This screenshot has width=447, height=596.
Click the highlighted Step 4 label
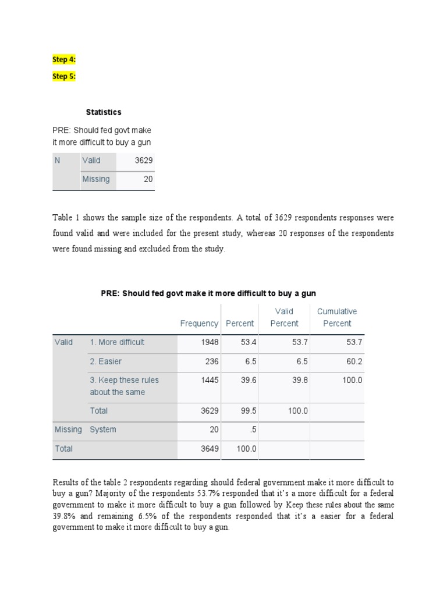tap(64, 59)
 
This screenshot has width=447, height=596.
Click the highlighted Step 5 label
tap(64, 76)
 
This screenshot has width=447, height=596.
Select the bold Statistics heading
tap(104, 112)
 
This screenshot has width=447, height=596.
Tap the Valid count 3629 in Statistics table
tap(144, 160)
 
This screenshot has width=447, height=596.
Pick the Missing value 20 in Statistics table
tap(148, 179)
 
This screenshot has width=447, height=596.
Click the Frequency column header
tap(199, 324)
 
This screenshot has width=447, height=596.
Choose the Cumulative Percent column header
tap(337, 317)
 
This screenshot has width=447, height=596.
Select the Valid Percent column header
tap(284, 317)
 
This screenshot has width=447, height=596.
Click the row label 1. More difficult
tap(117, 342)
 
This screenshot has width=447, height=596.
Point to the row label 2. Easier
tap(105, 361)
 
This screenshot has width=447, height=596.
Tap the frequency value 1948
tap(210, 342)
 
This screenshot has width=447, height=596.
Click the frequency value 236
tap(212, 361)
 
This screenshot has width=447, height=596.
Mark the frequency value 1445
tap(210, 380)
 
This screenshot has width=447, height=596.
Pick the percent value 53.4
tap(249, 342)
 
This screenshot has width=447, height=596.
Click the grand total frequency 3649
tap(210, 449)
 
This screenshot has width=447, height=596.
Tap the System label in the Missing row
tap(103, 430)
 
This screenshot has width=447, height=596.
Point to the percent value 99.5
tap(249, 411)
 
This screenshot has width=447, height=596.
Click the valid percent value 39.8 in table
tap(300, 380)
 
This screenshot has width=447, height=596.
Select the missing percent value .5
tap(253, 430)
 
